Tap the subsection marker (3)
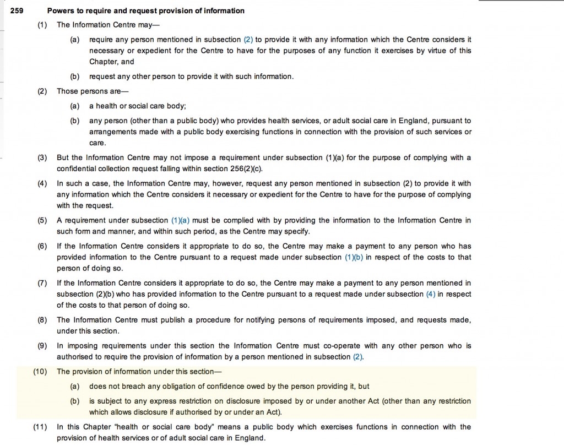(x=42, y=157)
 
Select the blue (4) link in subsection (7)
(x=430, y=294)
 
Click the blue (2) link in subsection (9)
(x=358, y=357)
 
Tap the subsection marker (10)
(x=40, y=372)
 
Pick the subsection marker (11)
(x=40, y=427)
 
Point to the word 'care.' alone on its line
(x=97, y=143)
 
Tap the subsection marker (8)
(x=42, y=320)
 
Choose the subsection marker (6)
(x=42, y=246)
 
